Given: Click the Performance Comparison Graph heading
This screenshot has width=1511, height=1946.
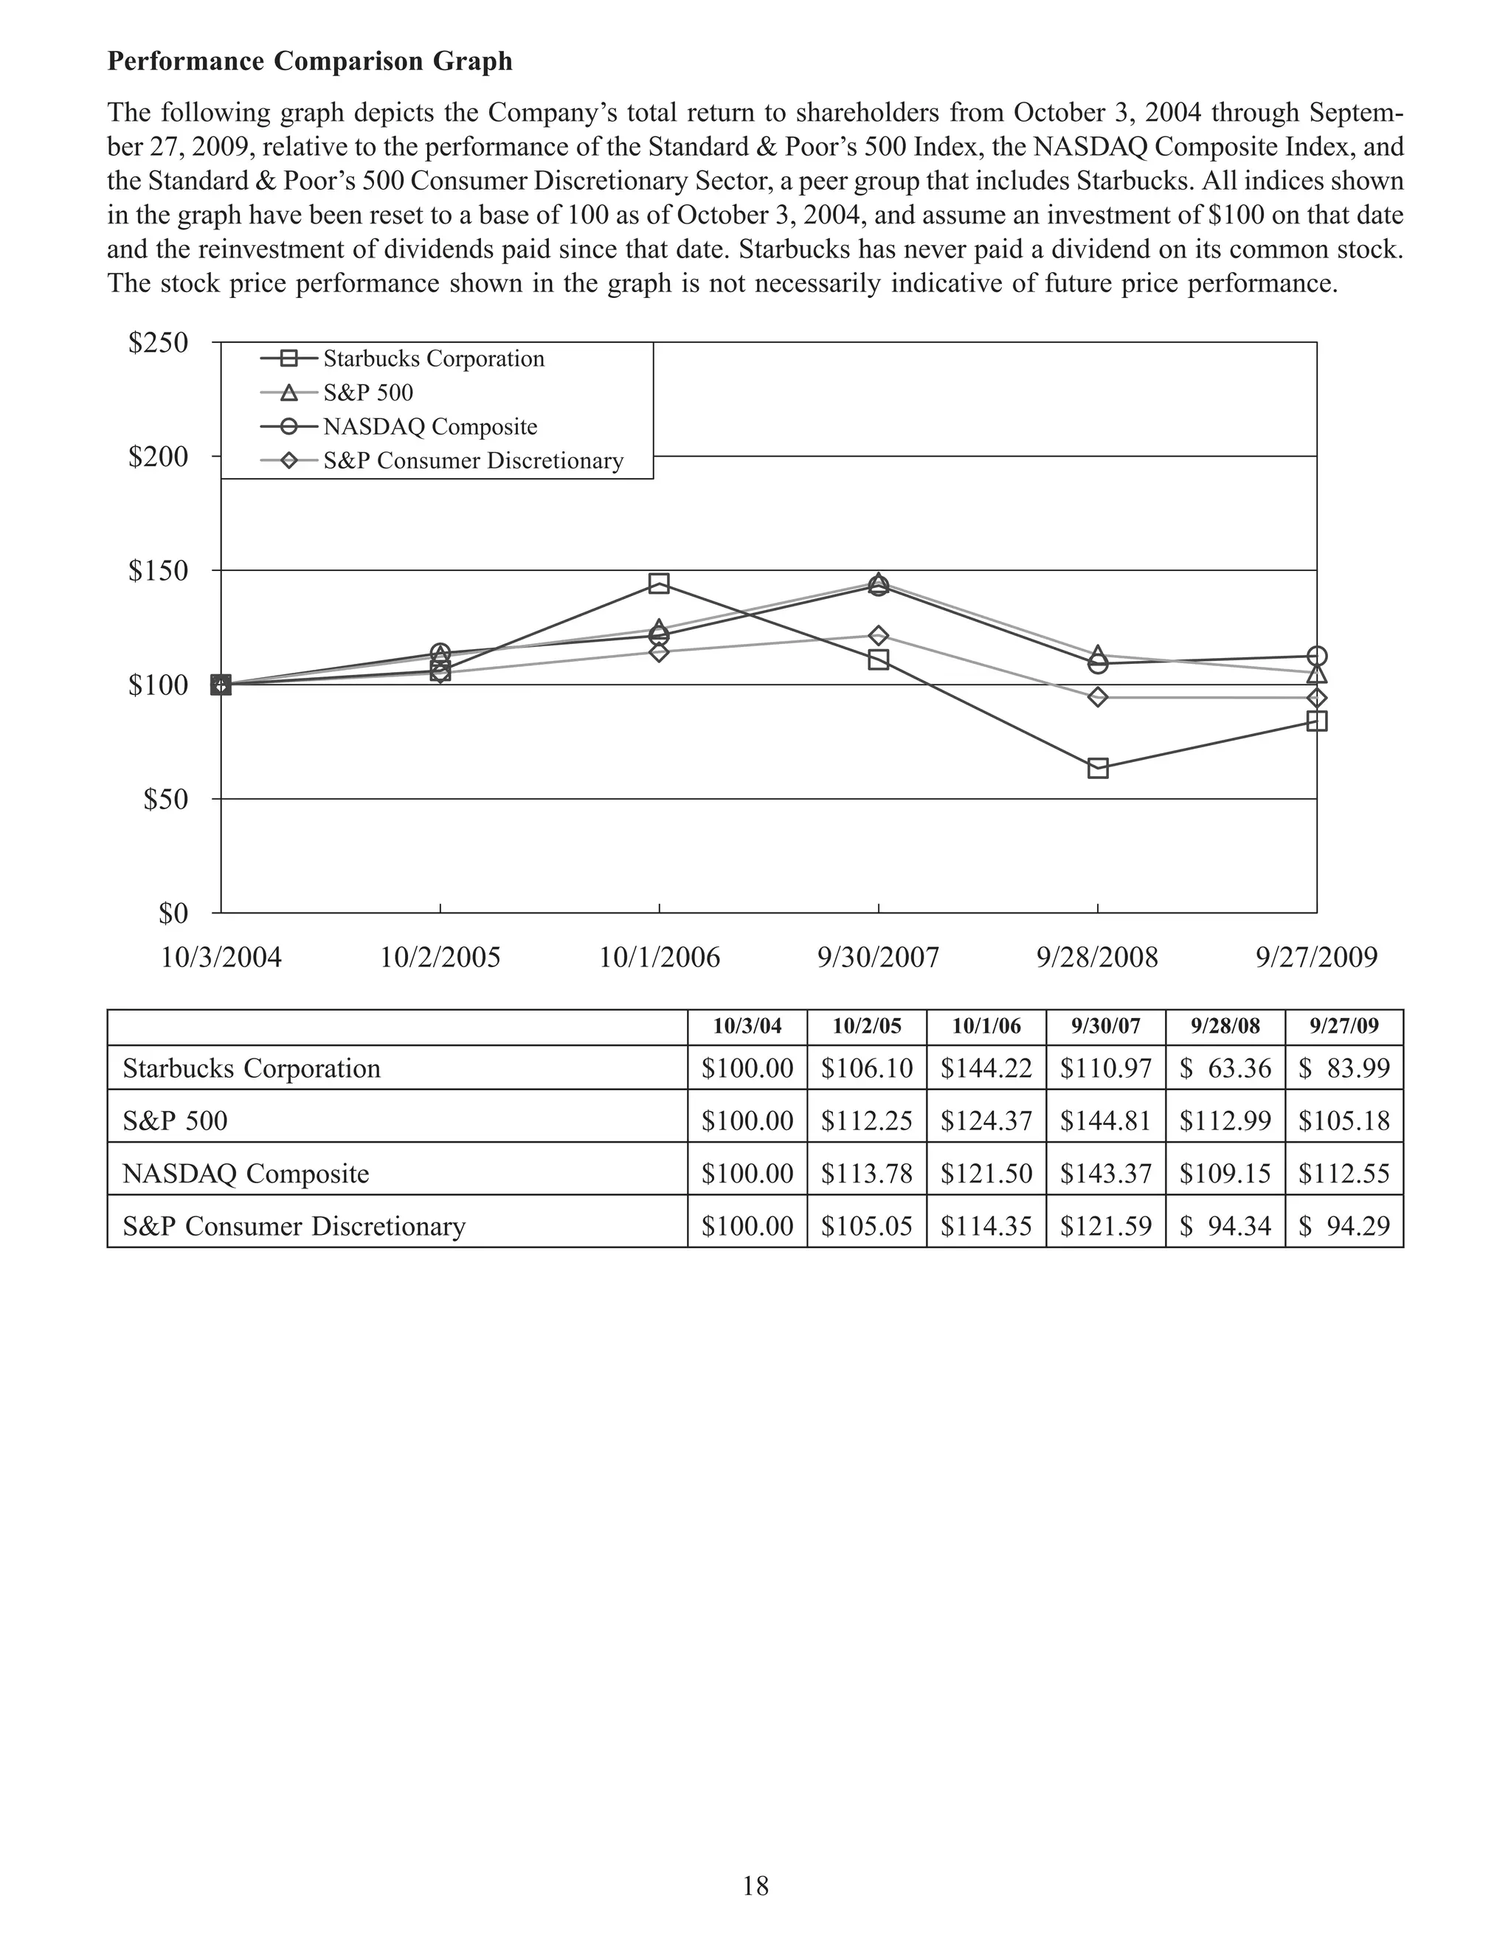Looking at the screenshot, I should (309, 61).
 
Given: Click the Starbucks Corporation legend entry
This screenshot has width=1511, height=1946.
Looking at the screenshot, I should (433, 359).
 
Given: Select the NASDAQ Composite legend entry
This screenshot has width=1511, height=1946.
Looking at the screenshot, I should (429, 427).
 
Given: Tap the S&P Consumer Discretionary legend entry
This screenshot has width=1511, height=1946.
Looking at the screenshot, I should (472, 460).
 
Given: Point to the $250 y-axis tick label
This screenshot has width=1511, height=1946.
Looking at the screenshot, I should (159, 343).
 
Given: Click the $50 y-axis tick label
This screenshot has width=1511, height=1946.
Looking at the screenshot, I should (166, 799).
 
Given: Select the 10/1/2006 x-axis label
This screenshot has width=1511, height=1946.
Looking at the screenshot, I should (660, 958).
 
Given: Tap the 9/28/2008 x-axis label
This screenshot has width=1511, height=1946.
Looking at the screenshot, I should (1098, 958).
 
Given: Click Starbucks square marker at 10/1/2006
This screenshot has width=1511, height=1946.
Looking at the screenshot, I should (660, 584).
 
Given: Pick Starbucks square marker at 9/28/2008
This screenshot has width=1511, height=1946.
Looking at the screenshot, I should (1099, 768).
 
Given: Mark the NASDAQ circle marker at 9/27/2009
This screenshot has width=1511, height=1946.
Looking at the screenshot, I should (1317, 657).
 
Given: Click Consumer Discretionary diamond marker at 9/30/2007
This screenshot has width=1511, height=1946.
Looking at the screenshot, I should (879, 635).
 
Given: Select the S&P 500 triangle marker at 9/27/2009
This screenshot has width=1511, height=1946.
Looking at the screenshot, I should (1317, 674).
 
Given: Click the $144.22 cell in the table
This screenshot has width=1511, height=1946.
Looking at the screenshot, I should (986, 1068).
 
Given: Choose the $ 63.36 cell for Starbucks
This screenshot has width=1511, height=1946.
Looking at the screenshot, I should (1225, 1068).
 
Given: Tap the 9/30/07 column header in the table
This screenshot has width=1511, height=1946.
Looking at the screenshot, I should (1106, 1026).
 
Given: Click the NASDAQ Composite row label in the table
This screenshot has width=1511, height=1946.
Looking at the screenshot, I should (246, 1174).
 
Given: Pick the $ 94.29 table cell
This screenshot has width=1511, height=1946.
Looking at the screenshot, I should (1344, 1226).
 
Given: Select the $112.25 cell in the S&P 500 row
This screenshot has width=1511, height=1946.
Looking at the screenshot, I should (866, 1121).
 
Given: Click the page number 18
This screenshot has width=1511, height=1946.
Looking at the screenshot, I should (755, 1886).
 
